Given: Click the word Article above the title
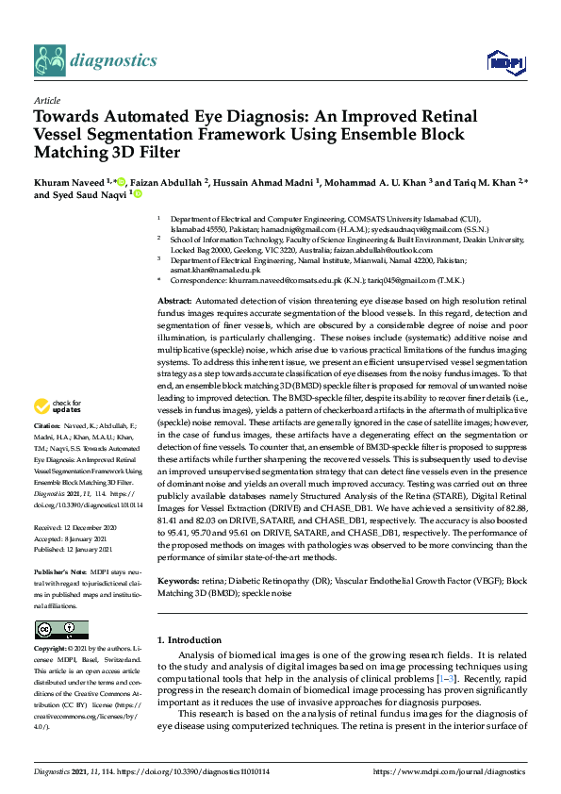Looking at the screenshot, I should click(x=46, y=100).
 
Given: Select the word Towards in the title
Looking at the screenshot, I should click(x=71, y=117).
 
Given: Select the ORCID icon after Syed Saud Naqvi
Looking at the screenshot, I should click(x=137, y=195).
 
